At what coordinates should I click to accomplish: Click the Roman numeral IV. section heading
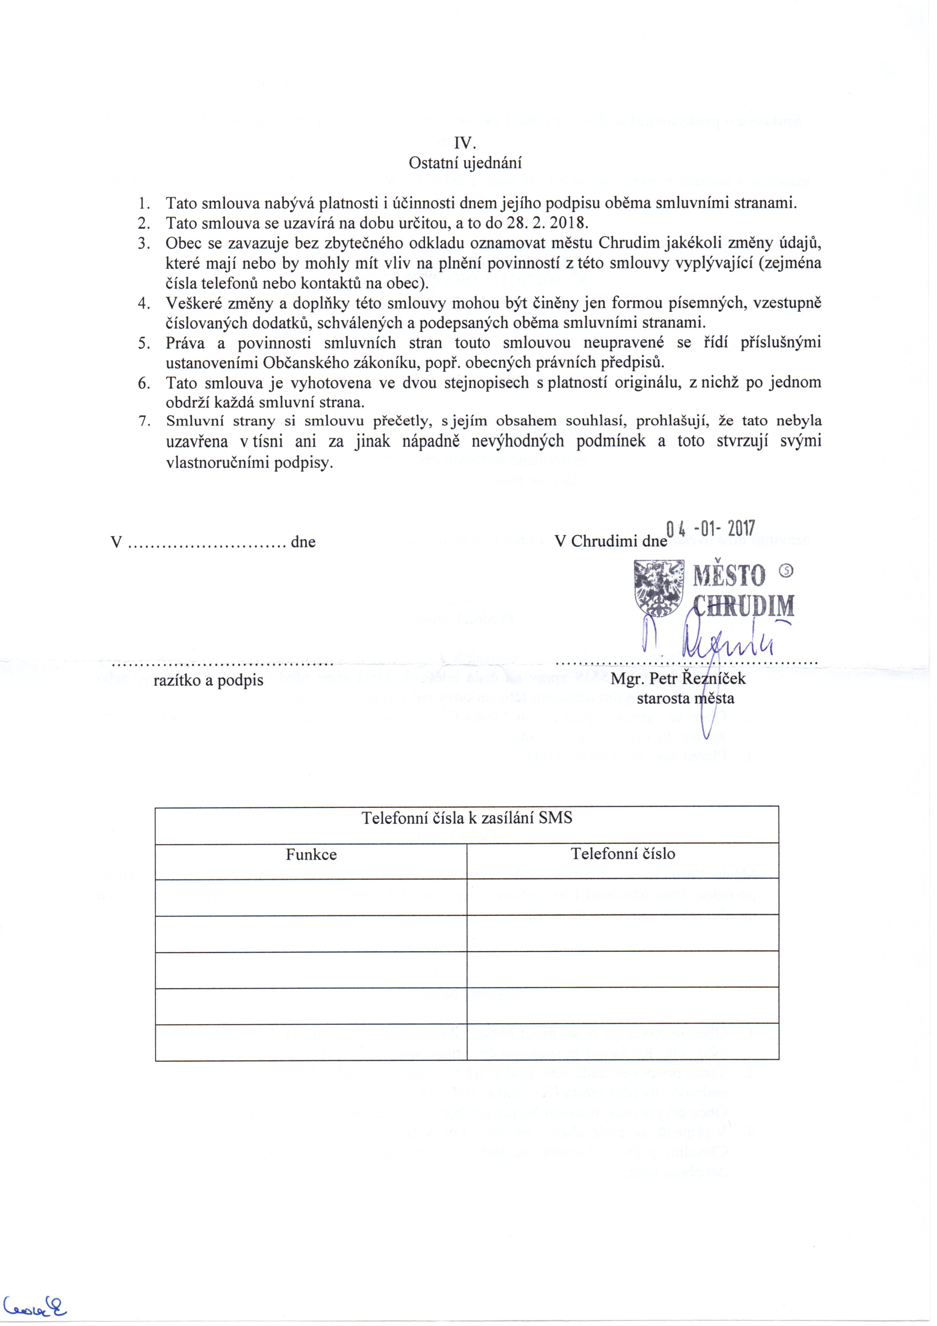click(465, 142)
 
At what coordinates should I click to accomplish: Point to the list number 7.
click(144, 421)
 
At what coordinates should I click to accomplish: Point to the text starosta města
click(685, 698)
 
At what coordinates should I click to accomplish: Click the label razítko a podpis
click(208, 680)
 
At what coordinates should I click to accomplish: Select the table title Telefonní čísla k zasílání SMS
click(466, 818)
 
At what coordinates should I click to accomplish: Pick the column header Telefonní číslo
click(623, 854)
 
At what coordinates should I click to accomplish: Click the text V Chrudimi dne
click(611, 541)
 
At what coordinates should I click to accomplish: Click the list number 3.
click(144, 243)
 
